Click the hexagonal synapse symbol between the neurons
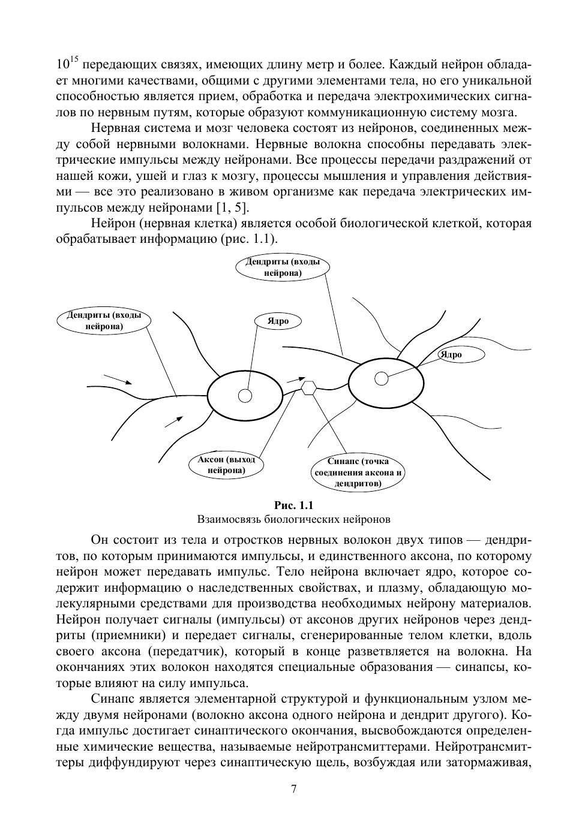pyautogui.click(x=308, y=388)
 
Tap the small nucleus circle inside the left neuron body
pyautogui.click(x=245, y=396)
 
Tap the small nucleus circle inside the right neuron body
pyautogui.click(x=381, y=378)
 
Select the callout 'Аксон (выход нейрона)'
pyautogui.click(x=226, y=465)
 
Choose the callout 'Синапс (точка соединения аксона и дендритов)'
pyautogui.click(x=358, y=472)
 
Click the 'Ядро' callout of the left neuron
pyautogui.click(x=278, y=321)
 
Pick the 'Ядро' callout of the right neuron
pyautogui.click(x=451, y=354)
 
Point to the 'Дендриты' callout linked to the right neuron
pyautogui.click(x=283, y=267)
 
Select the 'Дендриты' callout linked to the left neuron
pyautogui.click(x=104, y=321)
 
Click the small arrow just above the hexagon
pyautogui.click(x=296, y=378)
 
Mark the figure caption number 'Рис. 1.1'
pyautogui.click(x=293, y=505)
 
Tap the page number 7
pyautogui.click(x=293, y=789)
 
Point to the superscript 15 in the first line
pyautogui.click(x=74, y=59)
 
